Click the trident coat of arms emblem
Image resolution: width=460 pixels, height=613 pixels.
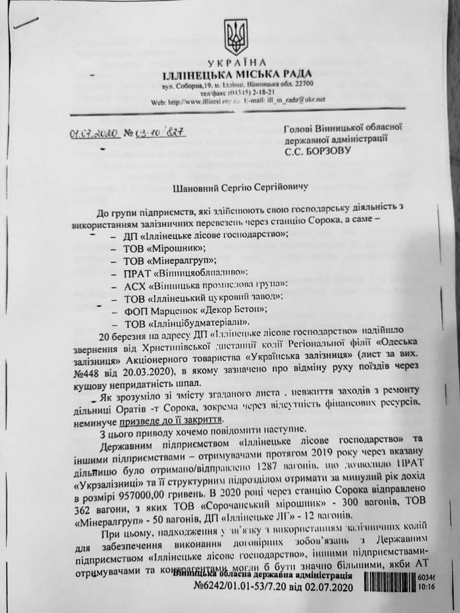tap(236, 37)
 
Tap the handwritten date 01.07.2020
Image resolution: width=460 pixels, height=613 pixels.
tap(96, 134)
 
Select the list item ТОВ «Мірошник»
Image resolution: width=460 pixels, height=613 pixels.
tap(165, 248)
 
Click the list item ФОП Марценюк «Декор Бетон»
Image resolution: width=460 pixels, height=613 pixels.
tap(195, 310)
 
